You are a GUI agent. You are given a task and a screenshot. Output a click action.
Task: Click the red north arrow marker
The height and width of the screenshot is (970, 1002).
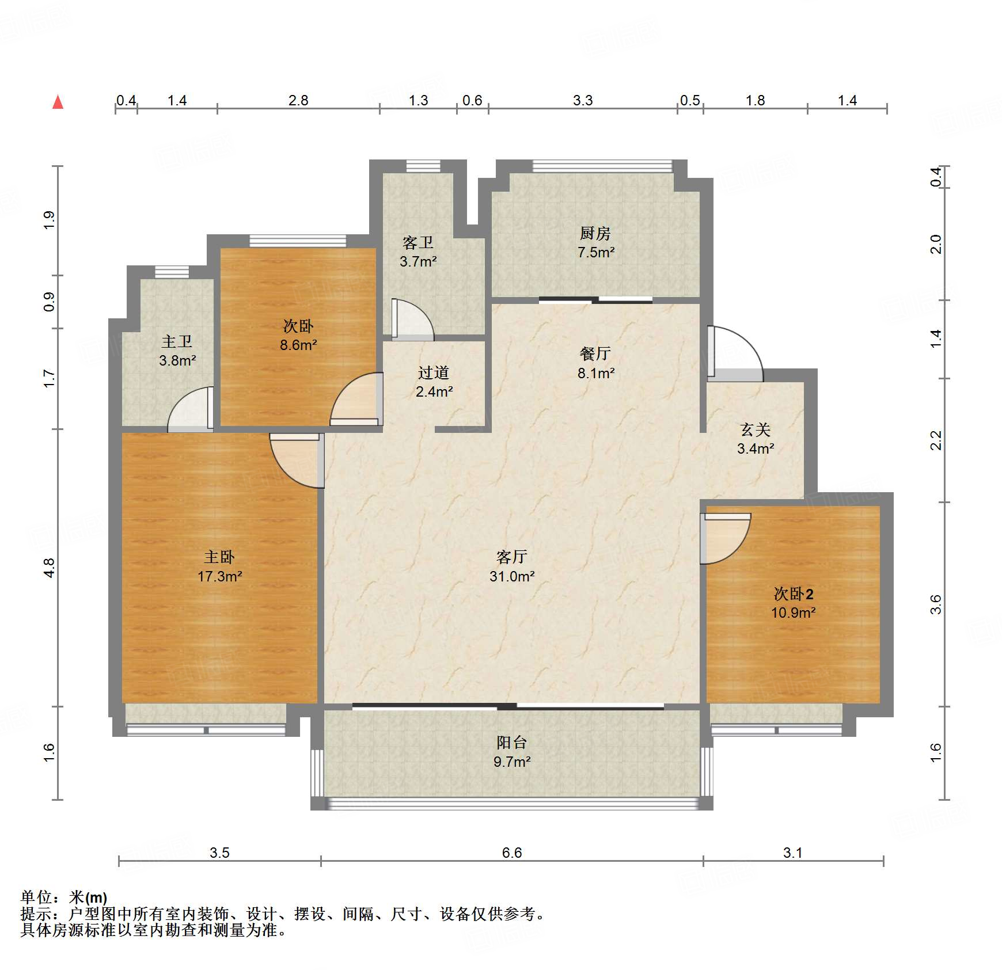(58, 102)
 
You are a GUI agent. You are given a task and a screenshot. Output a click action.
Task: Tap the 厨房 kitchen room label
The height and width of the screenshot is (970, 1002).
(595, 233)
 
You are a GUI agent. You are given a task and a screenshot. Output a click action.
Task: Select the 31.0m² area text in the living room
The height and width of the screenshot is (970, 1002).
(512, 576)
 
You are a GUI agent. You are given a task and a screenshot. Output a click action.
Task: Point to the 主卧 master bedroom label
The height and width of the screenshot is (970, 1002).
(219, 557)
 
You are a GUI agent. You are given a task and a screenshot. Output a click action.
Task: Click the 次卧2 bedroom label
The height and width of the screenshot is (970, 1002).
(793, 594)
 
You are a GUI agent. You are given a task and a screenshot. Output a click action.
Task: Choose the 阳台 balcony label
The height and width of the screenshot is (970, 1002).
(512, 743)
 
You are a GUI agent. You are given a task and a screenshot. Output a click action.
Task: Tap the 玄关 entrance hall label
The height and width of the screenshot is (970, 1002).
(755, 429)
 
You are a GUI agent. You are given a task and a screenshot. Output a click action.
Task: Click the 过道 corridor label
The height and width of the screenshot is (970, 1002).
(434, 372)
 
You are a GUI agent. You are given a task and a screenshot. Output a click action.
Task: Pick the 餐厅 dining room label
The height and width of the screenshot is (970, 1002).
(595, 353)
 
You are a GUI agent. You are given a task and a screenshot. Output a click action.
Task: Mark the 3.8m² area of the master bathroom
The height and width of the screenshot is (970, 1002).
(177, 361)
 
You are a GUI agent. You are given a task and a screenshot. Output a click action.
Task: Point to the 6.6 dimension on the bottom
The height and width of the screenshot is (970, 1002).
(511, 853)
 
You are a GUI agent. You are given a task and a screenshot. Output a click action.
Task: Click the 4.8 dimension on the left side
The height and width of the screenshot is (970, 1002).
(50, 568)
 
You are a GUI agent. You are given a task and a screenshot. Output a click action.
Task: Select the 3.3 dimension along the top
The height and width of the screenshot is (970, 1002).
(583, 101)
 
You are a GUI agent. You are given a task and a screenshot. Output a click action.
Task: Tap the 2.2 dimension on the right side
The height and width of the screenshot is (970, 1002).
(936, 440)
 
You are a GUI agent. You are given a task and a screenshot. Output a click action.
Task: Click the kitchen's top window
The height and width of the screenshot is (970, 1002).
(602, 166)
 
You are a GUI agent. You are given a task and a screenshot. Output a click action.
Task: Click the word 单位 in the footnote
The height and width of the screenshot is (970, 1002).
(36, 897)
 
